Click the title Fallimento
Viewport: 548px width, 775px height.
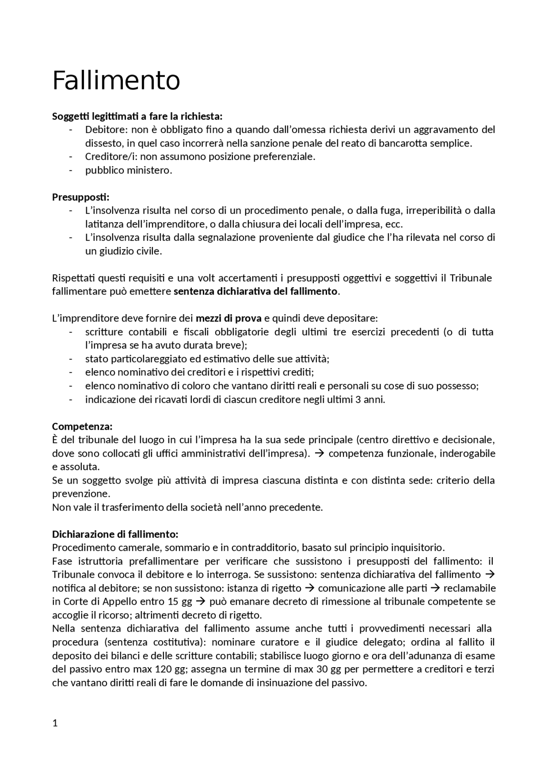tap(116, 80)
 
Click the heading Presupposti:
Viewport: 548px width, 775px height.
tap(80, 197)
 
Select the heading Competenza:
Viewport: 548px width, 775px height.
tap(82, 426)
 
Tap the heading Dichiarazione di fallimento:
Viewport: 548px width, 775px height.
tap(115, 534)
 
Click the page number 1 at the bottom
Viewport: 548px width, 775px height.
tap(54, 723)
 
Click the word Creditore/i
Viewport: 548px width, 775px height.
tap(109, 157)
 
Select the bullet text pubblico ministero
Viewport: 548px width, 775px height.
tap(128, 170)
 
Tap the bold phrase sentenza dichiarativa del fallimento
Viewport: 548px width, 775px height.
tap(256, 291)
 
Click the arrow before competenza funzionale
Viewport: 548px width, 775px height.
tap(319, 453)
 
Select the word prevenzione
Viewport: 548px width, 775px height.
tap(80, 493)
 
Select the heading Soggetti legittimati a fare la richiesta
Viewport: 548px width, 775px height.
tap(137, 116)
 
